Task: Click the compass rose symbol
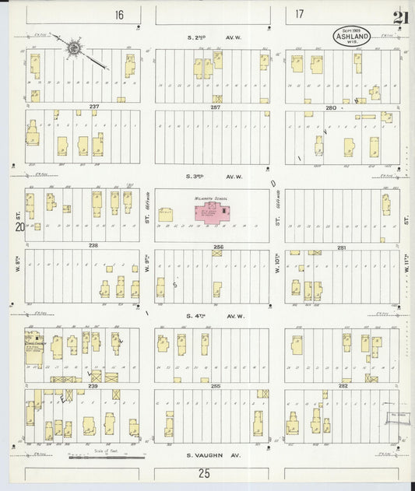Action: [x=74, y=49]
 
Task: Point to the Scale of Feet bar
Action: [x=98, y=456]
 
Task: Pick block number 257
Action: [x=215, y=107]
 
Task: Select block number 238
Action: [x=93, y=245]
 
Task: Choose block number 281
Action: [x=342, y=245]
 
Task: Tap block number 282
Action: [x=342, y=385]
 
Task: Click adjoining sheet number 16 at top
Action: [x=118, y=15]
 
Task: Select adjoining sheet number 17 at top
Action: [x=300, y=14]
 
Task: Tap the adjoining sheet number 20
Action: [x=19, y=227]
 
